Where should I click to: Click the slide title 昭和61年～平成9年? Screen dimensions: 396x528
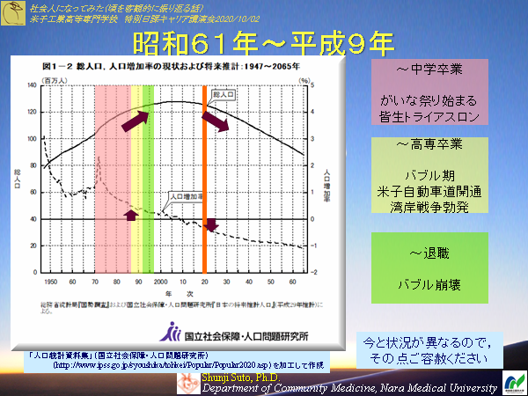pos(263,44)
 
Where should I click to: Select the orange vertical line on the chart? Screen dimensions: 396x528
pos(205,176)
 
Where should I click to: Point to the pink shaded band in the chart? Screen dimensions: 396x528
pos(111,176)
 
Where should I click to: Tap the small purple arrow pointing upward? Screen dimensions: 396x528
pos(131,215)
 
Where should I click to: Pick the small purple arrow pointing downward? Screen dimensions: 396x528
pos(210,227)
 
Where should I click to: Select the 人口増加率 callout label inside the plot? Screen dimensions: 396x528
pos(180,196)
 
